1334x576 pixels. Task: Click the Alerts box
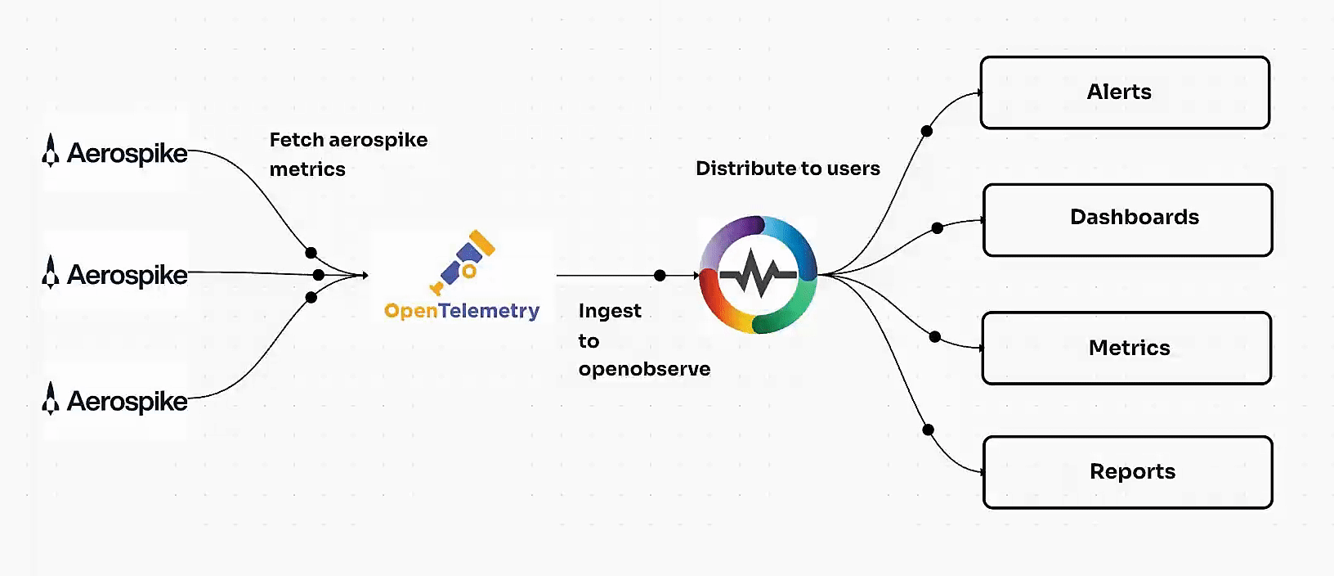1125,92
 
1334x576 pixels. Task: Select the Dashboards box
1127,220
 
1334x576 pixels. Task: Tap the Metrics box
1126,348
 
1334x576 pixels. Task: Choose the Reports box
1127,472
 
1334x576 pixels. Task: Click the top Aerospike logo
115,152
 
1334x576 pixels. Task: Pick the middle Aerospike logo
115,274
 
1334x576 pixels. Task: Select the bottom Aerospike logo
115,400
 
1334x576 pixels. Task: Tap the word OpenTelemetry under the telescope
462,311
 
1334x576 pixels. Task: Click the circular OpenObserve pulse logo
759,275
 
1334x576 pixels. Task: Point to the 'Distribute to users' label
787,169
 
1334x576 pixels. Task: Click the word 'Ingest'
610,311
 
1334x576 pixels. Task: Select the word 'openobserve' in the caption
644,369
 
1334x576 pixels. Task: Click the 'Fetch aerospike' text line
348,140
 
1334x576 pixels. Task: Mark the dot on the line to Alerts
926,131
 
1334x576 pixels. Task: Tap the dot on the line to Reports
928,430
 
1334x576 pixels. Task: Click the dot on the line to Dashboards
938,228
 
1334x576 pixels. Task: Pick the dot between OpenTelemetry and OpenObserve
660,275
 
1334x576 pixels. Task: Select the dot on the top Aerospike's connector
311,253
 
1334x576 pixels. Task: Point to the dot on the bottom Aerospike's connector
311,297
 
